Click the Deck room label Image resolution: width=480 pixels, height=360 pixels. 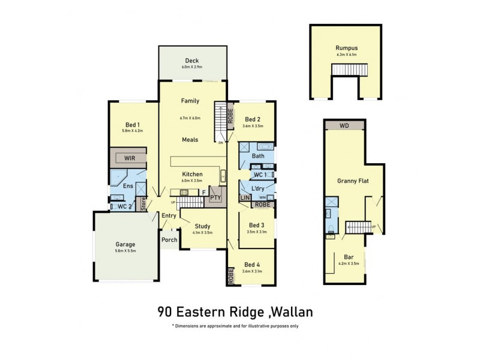[x=192, y=61]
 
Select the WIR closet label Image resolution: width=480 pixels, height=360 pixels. [x=129, y=158]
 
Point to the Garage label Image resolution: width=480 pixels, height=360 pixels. [x=125, y=244]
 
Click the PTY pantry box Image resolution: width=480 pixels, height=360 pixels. [x=215, y=197]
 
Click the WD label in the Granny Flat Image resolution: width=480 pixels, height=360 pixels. [x=343, y=125]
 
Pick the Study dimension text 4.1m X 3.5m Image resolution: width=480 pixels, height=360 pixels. [x=203, y=232]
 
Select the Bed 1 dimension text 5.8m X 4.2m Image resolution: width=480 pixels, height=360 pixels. [x=132, y=130]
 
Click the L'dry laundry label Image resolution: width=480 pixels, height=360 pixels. [x=259, y=188]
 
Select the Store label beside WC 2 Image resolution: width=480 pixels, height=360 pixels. [x=143, y=204]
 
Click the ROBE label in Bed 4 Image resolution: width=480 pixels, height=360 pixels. [x=230, y=275]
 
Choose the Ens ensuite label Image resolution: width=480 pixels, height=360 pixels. [x=127, y=186]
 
